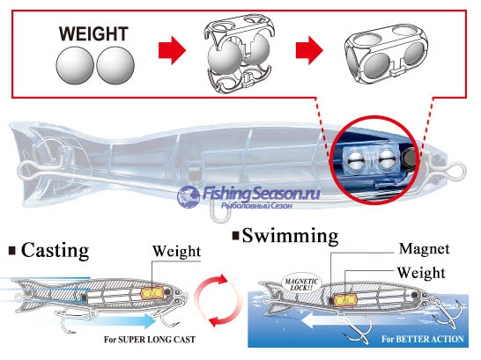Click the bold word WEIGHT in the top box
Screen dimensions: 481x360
point(93,33)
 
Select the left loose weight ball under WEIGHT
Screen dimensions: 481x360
point(75,65)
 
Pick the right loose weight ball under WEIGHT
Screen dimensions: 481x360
point(115,65)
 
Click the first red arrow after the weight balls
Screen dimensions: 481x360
point(172,50)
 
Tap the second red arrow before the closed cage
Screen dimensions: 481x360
point(309,50)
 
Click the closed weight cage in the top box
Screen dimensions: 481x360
point(386,54)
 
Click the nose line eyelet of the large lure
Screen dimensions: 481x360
point(457,173)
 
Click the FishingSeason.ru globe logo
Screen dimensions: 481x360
point(189,196)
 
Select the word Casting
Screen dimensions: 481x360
point(55,251)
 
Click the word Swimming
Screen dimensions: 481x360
point(290,236)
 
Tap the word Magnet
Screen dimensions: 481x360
point(425,248)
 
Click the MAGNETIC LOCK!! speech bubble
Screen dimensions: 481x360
point(301,283)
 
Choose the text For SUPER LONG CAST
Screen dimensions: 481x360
point(150,340)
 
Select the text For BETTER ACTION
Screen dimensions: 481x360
point(422,339)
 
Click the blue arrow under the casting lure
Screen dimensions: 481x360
point(122,321)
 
